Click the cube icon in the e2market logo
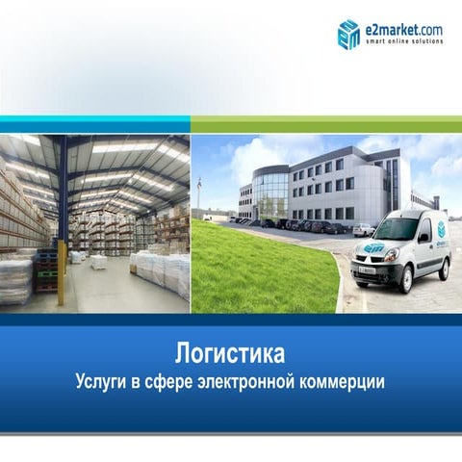coord(348,33)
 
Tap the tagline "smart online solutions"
coord(403,40)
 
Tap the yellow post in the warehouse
coord(61,273)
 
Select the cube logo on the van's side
coord(442,231)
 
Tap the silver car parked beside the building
coord(363,229)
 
